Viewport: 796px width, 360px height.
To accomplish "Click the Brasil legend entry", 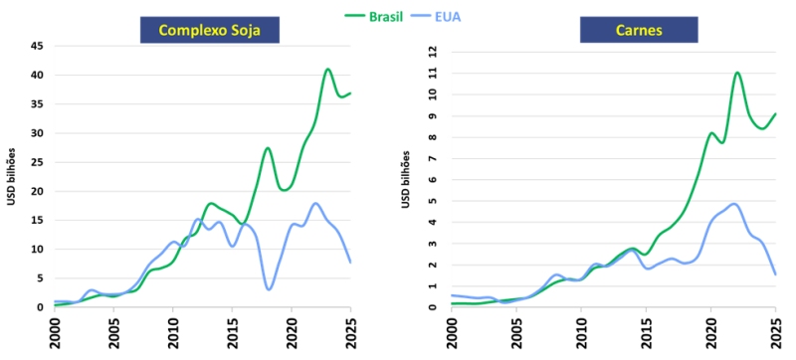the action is [374, 16].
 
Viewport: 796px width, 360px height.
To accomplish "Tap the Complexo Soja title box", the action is [210, 31].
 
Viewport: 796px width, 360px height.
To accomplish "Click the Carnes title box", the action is [639, 31].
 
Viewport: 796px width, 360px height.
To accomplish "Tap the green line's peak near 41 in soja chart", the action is [328, 69].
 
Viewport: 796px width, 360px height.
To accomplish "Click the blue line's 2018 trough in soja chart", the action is [269, 289].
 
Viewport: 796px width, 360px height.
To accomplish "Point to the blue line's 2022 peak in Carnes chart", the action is [734, 204].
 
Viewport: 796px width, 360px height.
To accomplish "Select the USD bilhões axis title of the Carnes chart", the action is [406, 179].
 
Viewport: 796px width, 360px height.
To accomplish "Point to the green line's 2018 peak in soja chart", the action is [268, 148].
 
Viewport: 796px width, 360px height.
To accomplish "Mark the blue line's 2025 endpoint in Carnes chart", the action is [776, 274].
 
